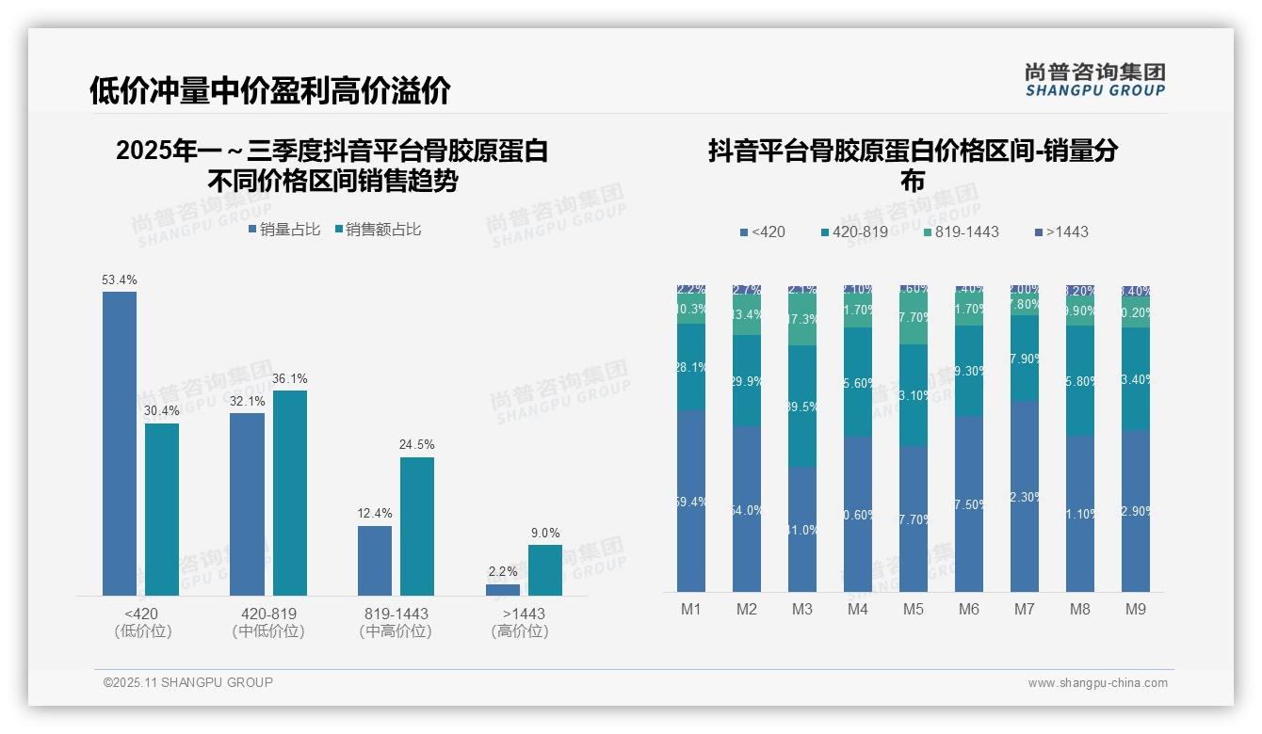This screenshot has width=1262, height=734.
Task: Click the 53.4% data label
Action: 120,279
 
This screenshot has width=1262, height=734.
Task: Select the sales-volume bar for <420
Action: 120,443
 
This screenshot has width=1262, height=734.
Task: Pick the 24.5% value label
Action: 416,444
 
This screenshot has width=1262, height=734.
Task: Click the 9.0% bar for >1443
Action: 544,570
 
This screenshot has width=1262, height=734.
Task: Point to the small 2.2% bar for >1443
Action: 503,590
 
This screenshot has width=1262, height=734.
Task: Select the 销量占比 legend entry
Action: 283,229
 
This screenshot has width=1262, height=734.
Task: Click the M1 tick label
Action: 691,609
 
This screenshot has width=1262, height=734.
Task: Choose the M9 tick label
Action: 1136,609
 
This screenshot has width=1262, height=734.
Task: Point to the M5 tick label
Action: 914,609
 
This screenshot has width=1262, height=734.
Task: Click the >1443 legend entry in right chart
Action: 1060,231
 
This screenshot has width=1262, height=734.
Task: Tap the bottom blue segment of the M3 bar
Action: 802,529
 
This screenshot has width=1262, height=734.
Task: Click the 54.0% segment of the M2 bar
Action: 747,509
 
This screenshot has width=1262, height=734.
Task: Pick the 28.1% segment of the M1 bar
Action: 691,367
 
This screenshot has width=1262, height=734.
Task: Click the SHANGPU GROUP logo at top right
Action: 1095,79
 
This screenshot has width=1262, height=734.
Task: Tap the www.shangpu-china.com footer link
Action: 1097,683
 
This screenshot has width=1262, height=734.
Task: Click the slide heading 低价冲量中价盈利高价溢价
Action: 270,90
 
